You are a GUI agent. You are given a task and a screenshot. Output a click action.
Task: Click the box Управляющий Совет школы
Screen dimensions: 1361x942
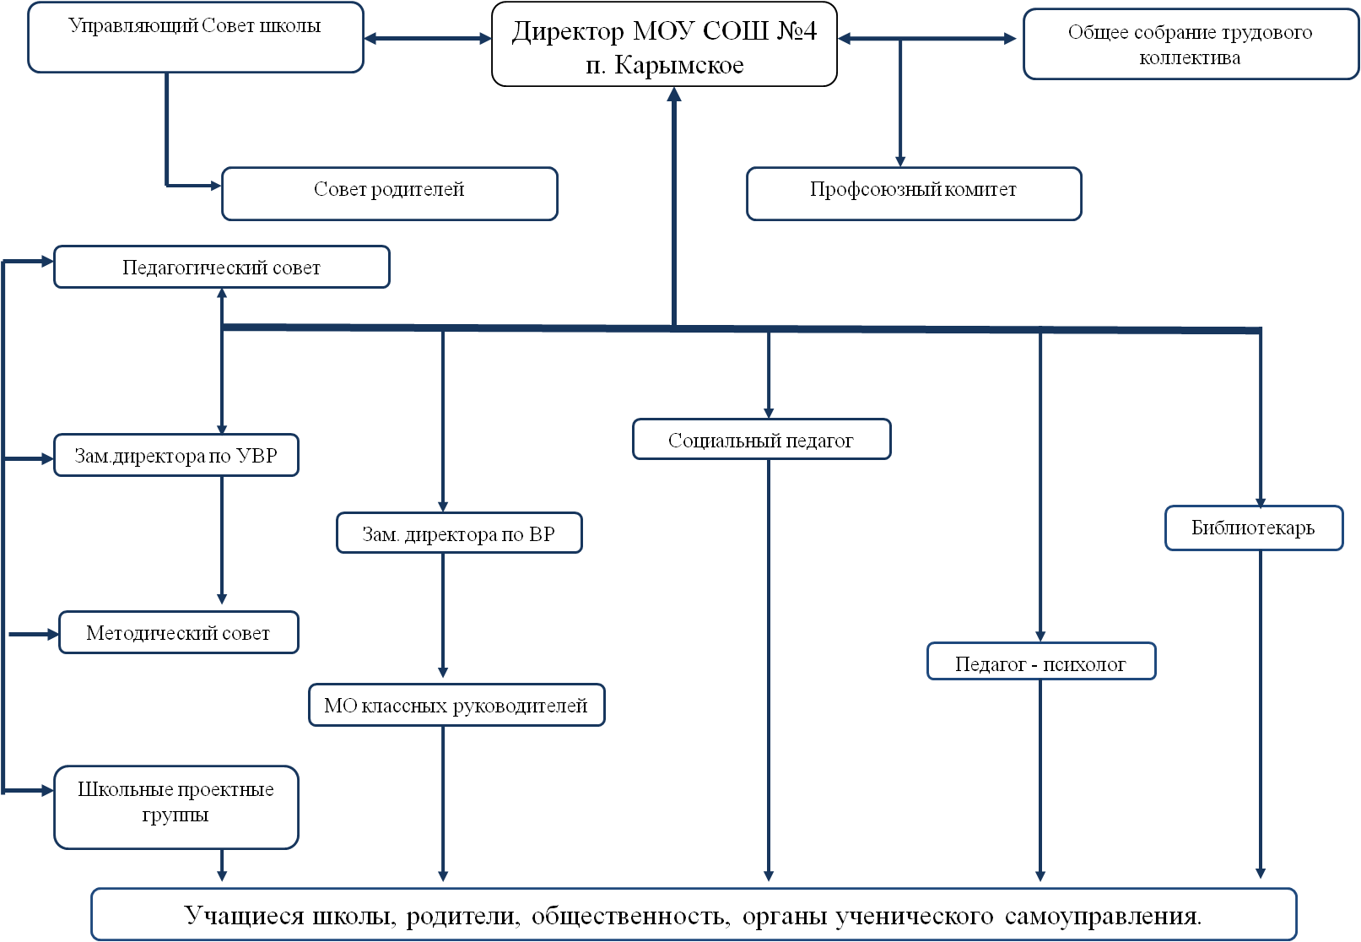(x=196, y=37)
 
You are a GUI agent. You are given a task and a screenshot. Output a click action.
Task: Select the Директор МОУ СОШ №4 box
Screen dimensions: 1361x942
(x=664, y=44)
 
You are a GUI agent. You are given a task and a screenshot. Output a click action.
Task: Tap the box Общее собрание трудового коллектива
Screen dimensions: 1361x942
(x=1191, y=44)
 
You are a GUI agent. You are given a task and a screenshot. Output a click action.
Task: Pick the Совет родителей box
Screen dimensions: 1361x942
(x=390, y=193)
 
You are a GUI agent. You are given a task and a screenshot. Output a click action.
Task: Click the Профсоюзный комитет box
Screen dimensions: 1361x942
(x=914, y=193)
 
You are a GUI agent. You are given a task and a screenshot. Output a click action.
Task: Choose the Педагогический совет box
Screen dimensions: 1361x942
(x=222, y=267)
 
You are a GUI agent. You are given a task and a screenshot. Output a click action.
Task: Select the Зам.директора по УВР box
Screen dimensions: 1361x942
(x=176, y=455)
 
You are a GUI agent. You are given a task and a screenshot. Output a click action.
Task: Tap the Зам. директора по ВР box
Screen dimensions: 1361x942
(x=459, y=533)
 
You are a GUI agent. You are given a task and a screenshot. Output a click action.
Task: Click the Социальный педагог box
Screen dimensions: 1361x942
(x=762, y=439)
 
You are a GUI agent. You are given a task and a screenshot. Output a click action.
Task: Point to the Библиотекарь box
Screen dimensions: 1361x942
(x=1254, y=528)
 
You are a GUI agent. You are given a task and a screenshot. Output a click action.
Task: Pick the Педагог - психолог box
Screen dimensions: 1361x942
(x=1041, y=661)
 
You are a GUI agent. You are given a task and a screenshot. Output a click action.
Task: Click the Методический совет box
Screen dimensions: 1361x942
(x=179, y=632)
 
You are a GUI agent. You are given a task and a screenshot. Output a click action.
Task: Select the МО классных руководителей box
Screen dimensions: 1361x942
(x=457, y=705)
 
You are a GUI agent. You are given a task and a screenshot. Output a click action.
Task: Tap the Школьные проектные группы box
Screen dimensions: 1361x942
(x=176, y=807)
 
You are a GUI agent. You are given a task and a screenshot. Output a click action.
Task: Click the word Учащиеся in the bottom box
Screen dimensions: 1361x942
(x=244, y=915)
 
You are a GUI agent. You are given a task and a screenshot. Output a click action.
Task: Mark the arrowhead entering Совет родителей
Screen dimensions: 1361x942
(x=216, y=186)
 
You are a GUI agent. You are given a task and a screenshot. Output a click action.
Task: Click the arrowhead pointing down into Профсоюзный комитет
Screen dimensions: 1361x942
(x=900, y=161)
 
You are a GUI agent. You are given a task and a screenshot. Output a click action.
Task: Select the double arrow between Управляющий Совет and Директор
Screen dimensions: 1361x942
(x=428, y=38)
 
